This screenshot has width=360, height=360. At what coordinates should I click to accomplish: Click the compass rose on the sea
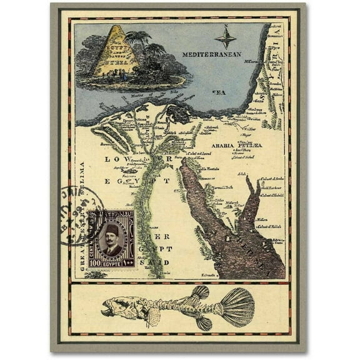click(x=226, y=37)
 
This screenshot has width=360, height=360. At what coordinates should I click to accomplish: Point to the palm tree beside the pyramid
click(x=138, y=44)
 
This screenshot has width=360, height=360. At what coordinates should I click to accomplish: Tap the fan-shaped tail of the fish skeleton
click(x=238, y=306)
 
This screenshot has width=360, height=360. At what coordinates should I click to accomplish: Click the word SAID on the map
click(x=160, y=256)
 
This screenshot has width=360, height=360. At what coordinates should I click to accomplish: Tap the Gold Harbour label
click(x=274, y=187)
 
